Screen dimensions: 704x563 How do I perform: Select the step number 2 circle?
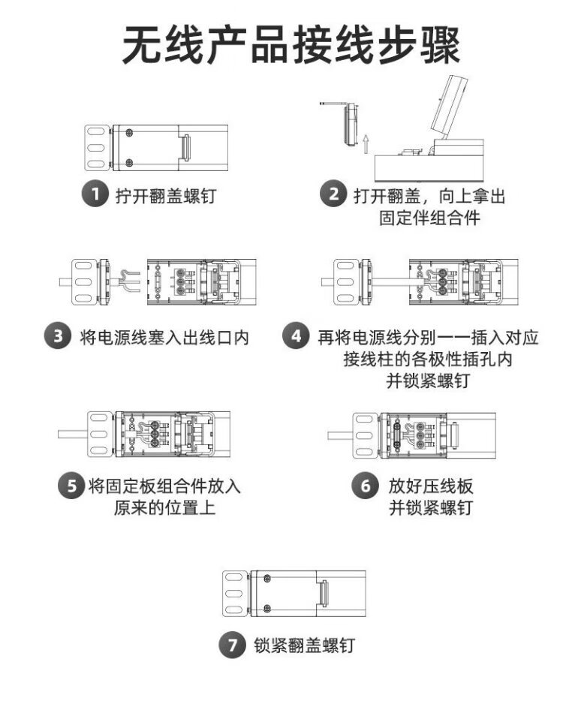[x=332, y=195]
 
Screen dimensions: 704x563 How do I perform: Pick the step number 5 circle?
[x=71, y=486]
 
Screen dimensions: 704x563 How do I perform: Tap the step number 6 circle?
[x=365, y=486]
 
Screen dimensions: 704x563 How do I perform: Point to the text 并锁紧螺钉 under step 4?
[x=427, y=380]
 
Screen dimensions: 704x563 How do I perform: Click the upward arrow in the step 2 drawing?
[x=365, y=143]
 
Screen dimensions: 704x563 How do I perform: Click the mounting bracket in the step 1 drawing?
[x=95, y=147]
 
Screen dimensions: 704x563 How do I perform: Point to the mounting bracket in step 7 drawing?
[x=235, y=593]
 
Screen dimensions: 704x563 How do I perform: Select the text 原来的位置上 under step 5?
[x=164, y=508]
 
